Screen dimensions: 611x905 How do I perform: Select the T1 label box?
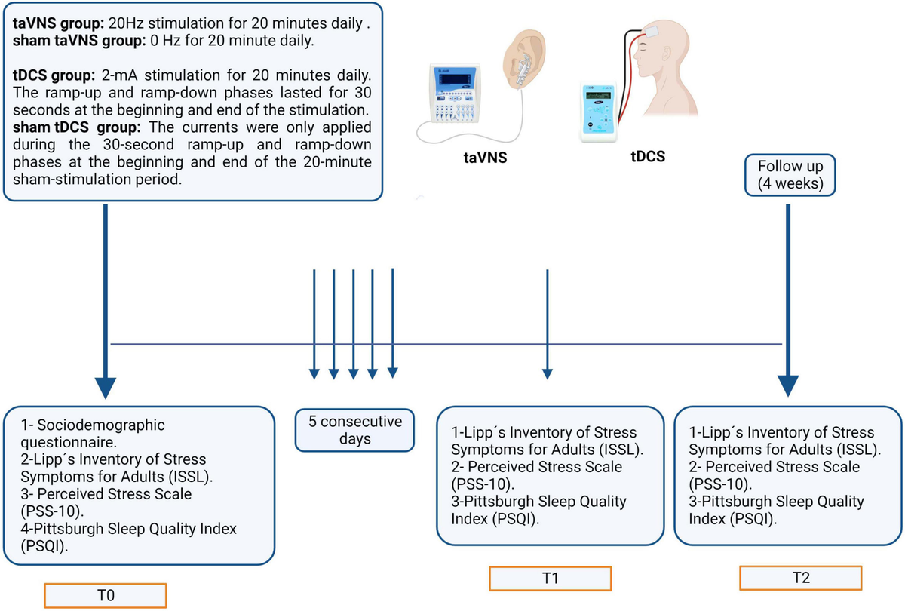click(550, 579)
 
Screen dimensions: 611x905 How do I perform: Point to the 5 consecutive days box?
click(354, 429)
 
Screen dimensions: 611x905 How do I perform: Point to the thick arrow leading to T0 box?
click(105, 302)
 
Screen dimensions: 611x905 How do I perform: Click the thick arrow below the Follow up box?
click(788, 302)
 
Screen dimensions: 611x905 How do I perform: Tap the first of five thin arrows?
click(314, 324)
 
